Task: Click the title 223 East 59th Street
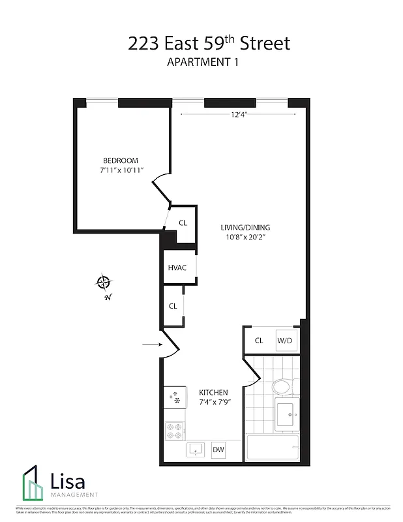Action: [209, 44]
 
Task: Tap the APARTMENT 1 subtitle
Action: [209, 64]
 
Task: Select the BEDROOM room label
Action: [121, 161]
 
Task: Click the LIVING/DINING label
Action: [245, 227]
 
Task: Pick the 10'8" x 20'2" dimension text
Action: [245, 237]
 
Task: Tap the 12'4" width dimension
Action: [240, 115]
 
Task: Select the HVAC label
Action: [177, 268]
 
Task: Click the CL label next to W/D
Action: [258, 340]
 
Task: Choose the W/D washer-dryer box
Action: [285, 340]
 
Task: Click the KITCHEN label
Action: [213, 392]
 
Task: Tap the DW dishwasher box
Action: [218, 449]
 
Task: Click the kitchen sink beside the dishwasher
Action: [196, 450]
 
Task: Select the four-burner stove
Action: [175, 430]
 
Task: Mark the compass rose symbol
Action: [104, 283]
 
